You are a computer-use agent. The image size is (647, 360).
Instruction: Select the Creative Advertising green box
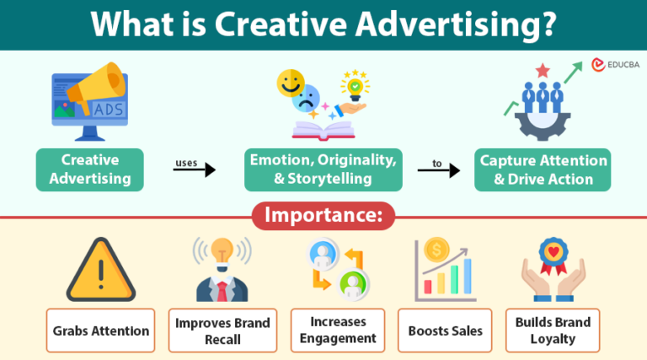click(x=90, y=169)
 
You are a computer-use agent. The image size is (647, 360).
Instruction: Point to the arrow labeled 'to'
click(x=439, y=170)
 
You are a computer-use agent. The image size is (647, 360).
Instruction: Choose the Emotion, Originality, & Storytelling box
click(x=322, y=169)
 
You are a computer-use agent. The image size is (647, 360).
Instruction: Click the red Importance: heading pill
click(x=323, y=215)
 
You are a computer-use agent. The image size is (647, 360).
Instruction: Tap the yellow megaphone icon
click(x=88, y=84)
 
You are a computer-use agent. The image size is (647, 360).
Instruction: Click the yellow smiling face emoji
click(x=291, y=83)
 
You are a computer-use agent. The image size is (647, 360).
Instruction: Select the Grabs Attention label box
click(x=101, y=330)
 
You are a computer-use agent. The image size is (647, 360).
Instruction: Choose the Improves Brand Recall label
click(x=222, y=330)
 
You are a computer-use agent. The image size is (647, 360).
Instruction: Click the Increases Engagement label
click(x=337, y=330)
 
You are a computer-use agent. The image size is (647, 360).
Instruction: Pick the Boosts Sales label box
click(x=446, y=330)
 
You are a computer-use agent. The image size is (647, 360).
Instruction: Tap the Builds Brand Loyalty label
click(x=553, y=330)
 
